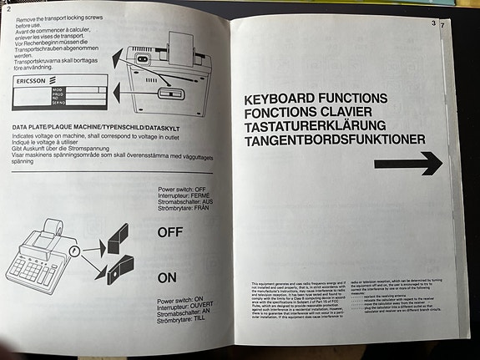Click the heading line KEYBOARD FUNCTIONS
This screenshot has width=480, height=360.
coord(316,99)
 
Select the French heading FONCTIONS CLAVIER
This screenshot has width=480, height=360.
coord(314,113)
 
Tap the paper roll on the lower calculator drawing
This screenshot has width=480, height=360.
coord(51,227)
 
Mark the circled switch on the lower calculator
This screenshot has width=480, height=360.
coord(76,249)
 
